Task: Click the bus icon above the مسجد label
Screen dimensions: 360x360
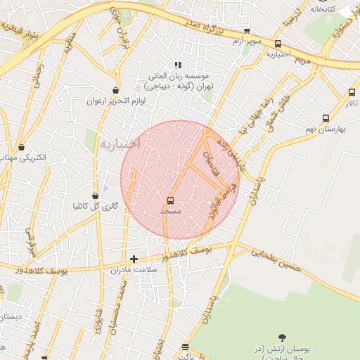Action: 171,201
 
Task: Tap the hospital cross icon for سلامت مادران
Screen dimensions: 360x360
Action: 134,259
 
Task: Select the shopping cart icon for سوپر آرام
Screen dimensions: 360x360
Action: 247,31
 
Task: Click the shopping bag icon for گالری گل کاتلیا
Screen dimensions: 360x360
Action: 96,196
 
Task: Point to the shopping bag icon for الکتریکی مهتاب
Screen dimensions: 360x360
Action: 23,148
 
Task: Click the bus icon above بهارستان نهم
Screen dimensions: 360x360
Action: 325,118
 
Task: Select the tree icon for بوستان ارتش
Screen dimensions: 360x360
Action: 283,338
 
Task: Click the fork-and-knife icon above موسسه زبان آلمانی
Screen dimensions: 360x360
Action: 178,65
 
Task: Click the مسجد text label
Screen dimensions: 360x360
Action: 171,211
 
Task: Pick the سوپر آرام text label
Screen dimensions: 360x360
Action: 247,41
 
